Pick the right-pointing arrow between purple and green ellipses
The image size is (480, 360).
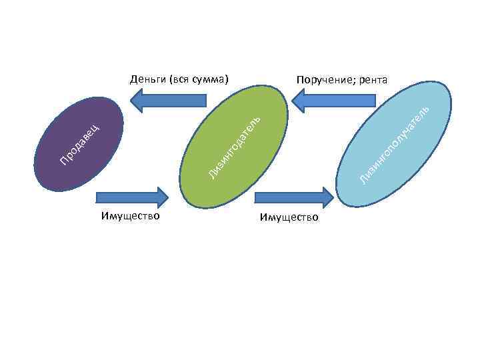133,197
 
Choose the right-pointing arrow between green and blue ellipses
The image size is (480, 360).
294,197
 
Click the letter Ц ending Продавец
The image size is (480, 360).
97,124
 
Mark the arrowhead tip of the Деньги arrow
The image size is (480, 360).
130,100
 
